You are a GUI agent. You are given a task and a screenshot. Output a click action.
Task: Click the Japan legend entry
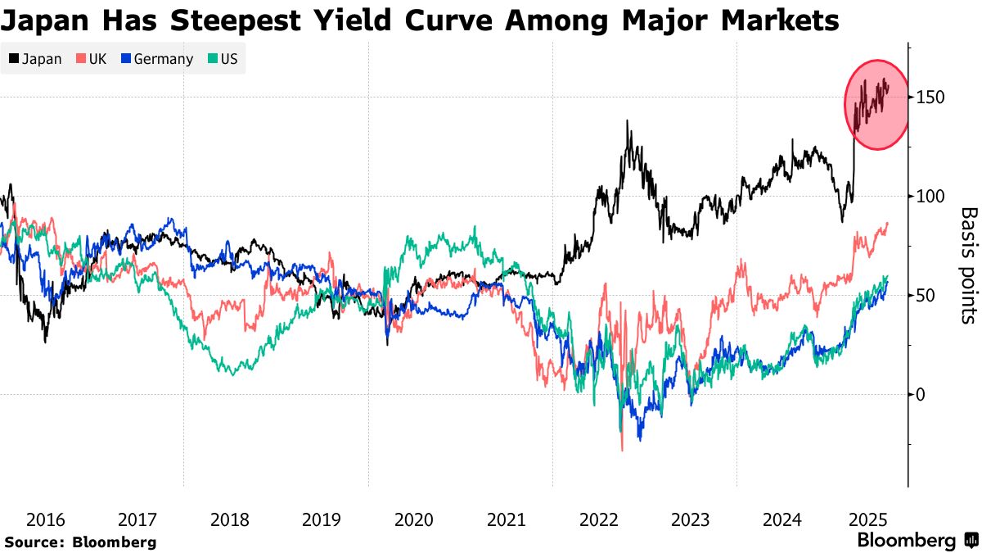coord(35,59)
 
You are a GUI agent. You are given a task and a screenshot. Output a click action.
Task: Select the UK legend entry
coord(91,59)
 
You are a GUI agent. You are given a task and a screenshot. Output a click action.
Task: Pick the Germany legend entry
coord(157,59)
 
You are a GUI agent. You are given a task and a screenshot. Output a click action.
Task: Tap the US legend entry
coord(221,59)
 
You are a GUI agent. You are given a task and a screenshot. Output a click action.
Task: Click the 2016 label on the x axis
coord(46,519)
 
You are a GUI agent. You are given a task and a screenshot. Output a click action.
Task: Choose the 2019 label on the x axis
coord(322,519)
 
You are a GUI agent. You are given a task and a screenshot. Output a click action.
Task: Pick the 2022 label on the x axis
coord(597,519)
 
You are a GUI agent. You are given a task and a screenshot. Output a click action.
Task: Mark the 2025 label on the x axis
coord(864,519)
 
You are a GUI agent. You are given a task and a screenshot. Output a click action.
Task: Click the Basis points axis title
coord(968,264)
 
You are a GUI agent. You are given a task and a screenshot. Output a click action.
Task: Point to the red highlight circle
coord(876,105)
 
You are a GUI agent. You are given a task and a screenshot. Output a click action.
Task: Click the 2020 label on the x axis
coord(413,519)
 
